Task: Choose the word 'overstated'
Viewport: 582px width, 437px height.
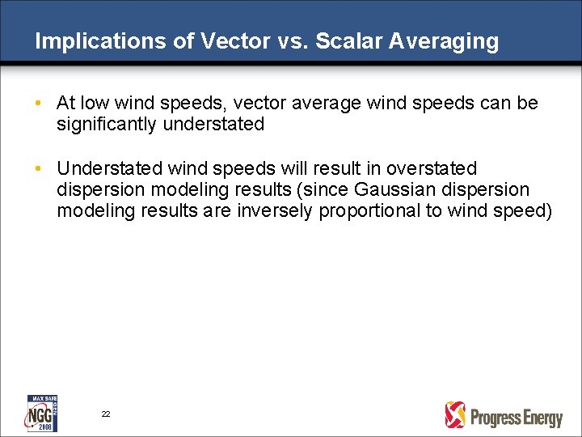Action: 432,168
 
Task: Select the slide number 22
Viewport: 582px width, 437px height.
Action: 106,414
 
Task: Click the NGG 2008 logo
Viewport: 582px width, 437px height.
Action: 43,413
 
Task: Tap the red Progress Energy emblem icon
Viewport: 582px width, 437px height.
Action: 455,415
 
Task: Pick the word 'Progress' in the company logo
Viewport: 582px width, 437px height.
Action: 496,418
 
